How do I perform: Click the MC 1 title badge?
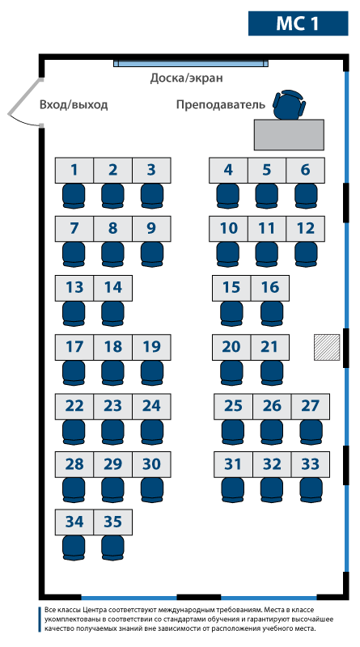coord(298,23)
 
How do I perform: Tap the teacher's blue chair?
coord(290,105)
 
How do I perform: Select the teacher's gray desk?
coord(289,135)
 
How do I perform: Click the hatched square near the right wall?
coord(327,348)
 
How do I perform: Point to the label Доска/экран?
coord(186,78)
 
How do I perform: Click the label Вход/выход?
coord(74,105)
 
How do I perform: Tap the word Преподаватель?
coord(221,105)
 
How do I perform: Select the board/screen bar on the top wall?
coord(191,64)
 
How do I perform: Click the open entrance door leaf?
coord(24,97)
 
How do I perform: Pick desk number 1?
coord(74,170)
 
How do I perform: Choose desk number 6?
coord(305,170)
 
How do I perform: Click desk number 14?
coord(113,288)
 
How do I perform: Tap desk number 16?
coord(270,288)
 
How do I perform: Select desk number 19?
coord(151,347)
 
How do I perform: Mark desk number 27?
coord(311,407)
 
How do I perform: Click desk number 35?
coord(113,522)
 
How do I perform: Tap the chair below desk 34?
coord(74,548)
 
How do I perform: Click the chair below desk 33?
coord(311,490)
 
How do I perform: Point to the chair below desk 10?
coord(228,254)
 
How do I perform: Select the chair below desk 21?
coord(272,373)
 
